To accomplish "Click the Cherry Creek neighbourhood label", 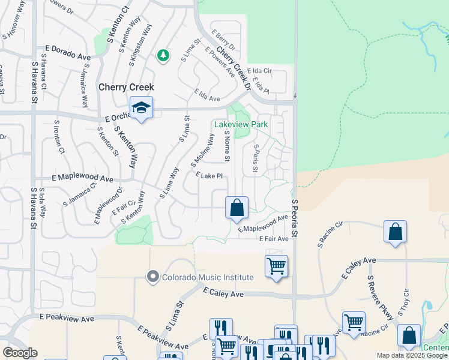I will (126, 87).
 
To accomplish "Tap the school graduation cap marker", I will (141, 108).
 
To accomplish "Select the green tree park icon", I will (162, 56).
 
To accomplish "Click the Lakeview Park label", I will (241, 125).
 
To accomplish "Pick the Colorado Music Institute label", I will (208, 277).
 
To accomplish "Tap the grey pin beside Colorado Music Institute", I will (152, 277).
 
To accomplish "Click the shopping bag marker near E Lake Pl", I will (237, 208).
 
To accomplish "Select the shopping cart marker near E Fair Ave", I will (276, 266).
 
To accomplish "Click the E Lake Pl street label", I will (209, 176).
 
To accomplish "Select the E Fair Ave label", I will (274, 238).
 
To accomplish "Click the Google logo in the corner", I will (20, 353).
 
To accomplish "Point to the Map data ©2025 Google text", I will (411, 355).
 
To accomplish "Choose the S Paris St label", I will (256, 158).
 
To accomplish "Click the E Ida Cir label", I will (259, 71).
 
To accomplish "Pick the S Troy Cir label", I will (407, 299).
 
